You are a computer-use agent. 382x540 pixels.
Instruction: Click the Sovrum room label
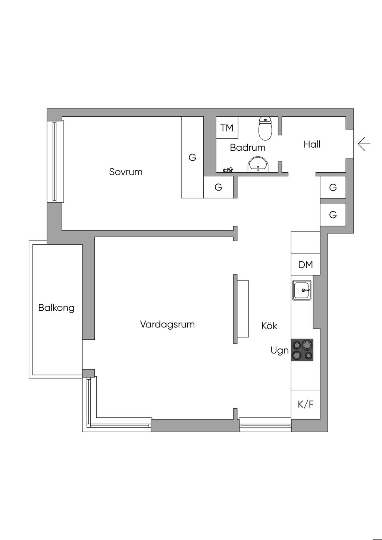tap(126, 172)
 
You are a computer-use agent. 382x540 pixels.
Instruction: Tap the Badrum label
tap(247, 147)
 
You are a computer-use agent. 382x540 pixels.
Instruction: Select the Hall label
tap(312, 144)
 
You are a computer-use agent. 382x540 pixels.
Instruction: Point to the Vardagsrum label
tap(167, 324)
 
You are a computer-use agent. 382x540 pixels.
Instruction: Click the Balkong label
tap(56, 308)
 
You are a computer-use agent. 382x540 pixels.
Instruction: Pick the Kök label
tap(269, 326)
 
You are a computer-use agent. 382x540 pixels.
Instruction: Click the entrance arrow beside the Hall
tap(364, 144)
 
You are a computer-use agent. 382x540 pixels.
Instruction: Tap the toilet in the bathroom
tap(264, 128)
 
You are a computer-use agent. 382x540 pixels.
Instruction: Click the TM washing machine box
tap(227, 128)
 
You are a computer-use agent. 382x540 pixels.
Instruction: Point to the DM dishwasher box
tap(306, 265)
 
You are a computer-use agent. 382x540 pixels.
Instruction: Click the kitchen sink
tap(302, 290)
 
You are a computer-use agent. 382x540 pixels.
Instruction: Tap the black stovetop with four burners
tap(302, 350)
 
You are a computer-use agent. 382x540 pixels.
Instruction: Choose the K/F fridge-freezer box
tap(306, 404)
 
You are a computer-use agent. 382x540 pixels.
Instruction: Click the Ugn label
tap(279, 350)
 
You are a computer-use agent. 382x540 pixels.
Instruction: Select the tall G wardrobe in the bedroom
tap(192, 157)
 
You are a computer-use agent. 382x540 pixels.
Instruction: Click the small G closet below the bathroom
tap(218, 187)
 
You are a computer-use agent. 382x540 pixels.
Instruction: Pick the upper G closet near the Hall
tap(333, 187)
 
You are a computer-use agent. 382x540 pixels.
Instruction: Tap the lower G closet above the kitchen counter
tap(333, 214)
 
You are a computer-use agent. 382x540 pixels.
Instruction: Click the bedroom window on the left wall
tap(55, 161)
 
